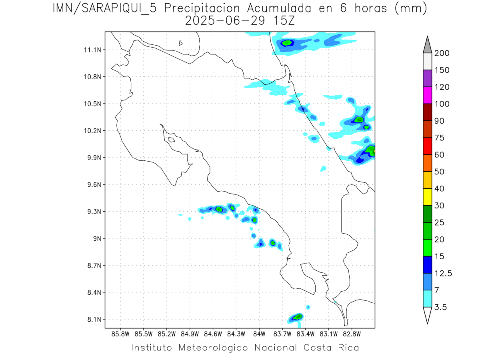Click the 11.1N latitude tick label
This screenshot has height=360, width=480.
[x=92, y=50]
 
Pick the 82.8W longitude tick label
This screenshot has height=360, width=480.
[x=351, y=334]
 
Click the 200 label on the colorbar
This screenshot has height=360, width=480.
[x=442, y=53]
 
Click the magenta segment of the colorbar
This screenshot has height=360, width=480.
[x=427, y=95]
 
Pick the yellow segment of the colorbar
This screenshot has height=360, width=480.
[x=427, y=197]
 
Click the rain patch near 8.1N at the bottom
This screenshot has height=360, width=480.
[x=296, y=317]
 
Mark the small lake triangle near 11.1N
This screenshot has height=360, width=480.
[x=181, y=43]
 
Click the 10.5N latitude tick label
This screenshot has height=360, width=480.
[x=92, y=104]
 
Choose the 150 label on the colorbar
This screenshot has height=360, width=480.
[x=442, y=70]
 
